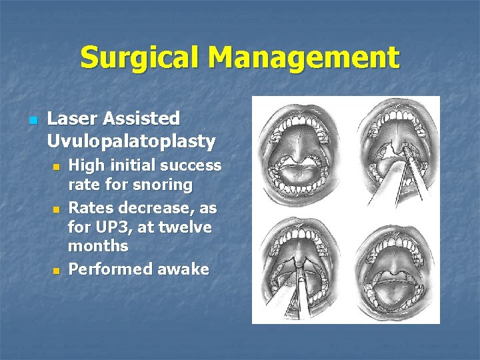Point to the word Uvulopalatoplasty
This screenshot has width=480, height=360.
tap(131, 141)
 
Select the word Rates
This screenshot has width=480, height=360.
tap(91, 208)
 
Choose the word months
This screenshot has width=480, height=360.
tap(98, 246)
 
